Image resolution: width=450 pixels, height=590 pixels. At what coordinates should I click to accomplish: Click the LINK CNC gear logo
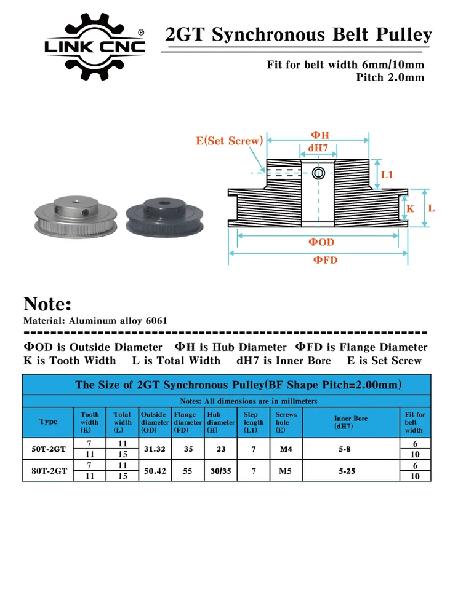pyautogui.click(x=95, y=47)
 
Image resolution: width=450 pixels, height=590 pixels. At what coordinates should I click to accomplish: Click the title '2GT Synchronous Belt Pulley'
pyautogui.click(x=299, y=35)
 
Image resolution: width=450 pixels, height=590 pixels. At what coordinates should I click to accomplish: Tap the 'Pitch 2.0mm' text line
pyautogui.click(x=390, y=77)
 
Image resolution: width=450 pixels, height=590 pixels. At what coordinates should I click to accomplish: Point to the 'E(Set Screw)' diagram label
pyautogui.click(x=229, y=141)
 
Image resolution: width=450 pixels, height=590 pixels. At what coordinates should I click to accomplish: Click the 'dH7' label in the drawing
pyautogui.click(x=318, y=148)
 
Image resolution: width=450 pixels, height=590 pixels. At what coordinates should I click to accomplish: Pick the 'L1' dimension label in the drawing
pyautogui.click(x=386, y=175)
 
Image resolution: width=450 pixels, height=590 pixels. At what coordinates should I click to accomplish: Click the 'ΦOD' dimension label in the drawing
pyautogui.click(x=321, y=243)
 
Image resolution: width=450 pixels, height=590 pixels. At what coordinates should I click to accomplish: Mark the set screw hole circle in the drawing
pyautogui.click(x=318, y=172)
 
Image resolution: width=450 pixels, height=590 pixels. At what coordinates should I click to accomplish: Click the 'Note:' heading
pyautogui.click(x=47, y=304)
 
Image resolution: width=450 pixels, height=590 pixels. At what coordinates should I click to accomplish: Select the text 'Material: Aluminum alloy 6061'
pyautogui.click(x=95, y=321)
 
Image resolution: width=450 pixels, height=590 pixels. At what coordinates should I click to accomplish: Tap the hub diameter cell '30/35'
pyautogui.click(x=220, y=471)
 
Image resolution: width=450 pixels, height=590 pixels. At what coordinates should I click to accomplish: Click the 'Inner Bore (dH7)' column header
pyautogui.click(x=350, y=422)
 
